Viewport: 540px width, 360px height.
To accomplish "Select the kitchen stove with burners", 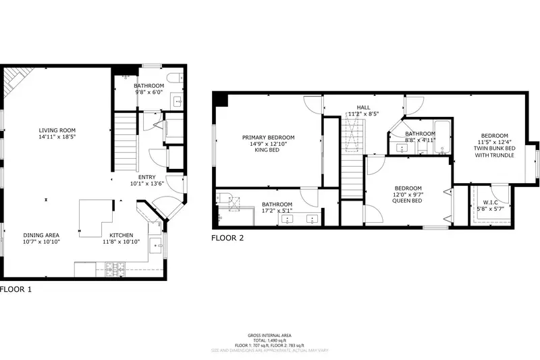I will (x=115, y=271).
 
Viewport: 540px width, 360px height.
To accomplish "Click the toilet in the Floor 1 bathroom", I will (x=171, y=76).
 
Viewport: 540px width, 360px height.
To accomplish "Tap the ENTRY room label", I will (x=147, y=177).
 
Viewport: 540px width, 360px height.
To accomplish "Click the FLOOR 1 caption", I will (x=16, y=289).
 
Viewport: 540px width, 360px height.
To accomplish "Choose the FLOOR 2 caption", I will (x=227, y=238).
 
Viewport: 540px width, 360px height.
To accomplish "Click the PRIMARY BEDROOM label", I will (x=268, y=137).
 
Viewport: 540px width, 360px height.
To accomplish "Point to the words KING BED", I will (x=268, y=151).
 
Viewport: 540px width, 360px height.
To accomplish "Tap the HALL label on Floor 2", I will (x=364, y=107).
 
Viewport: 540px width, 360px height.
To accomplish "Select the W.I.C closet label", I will (x=490, y=201).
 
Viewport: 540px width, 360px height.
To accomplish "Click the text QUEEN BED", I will (x=408, y=201).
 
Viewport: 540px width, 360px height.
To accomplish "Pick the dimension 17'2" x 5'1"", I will (x=277, y=211).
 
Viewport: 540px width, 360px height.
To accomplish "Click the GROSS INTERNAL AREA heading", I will (x=269, y=336).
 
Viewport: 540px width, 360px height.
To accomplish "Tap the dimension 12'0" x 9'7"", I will (x=408, y=195).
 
